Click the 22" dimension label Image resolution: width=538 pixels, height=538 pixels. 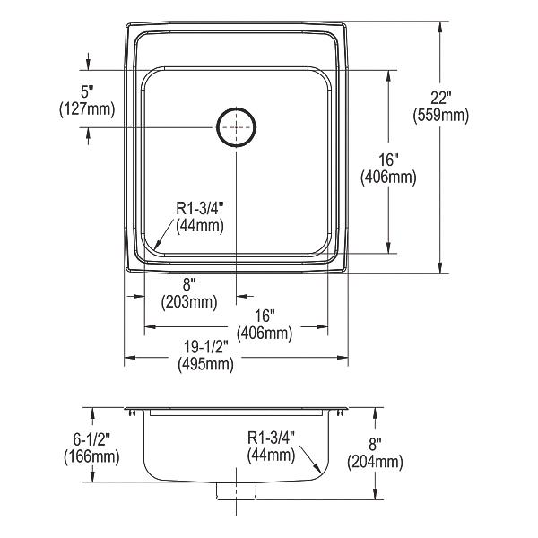pos(440,99)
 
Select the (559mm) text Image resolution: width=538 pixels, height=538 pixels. pos(440,116)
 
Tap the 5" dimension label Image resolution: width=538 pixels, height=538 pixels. pos(87,92)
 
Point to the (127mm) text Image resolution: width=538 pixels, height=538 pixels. pos(87,109)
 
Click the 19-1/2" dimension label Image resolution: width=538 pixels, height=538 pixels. pos(206,347)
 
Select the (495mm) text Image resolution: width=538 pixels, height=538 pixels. pos(205,364)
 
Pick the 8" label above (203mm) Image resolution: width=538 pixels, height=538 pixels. pos(189,285)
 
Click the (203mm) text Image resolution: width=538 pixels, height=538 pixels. pos(189,302)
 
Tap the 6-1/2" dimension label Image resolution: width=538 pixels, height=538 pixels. pos(91,439)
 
